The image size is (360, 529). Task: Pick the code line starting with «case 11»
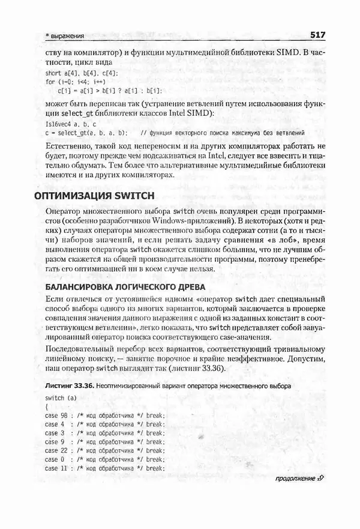pyautogui.click(x=104, y=468)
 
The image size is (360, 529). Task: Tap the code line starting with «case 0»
pyautogui.click(x=104, y=459)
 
